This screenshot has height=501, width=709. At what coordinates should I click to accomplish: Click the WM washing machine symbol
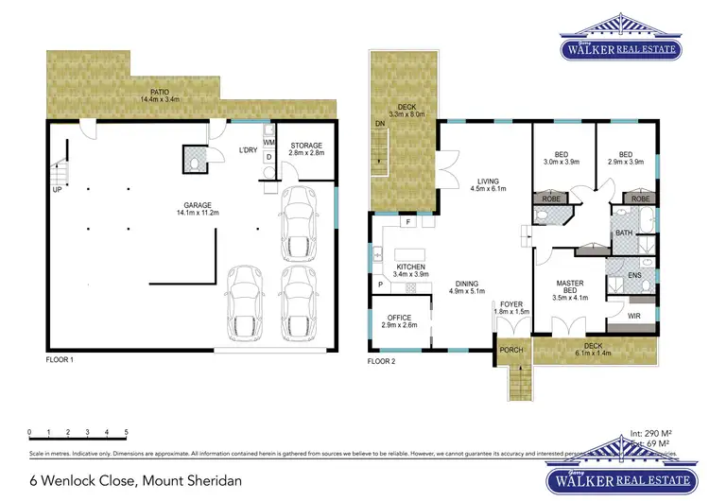click(x=268, y=143)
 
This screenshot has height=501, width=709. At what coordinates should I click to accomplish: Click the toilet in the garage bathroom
click(x=195, y=163)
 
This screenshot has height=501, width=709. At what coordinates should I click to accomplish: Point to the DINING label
click(x=466, y=286)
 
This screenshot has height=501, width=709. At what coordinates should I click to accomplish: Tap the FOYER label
click(x=510, y=305)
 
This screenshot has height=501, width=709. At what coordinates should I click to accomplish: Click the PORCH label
click(x=510, y=350)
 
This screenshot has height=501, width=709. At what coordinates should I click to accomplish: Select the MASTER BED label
click(x=568, y=286)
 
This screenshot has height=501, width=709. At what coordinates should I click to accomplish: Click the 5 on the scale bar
click(x=126, y=432)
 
